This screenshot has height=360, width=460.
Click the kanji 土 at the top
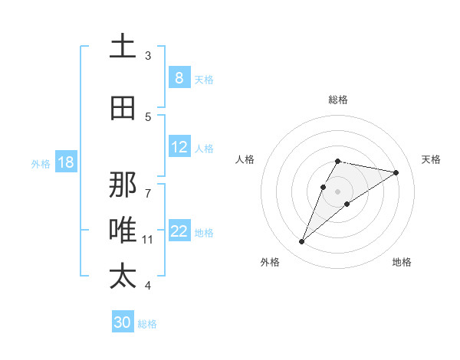pyautogui.click(x=123, y=47)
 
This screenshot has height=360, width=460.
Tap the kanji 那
pyautogui.click(x=123, y=184)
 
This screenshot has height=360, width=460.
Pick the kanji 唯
pyautogui.click(x=123, y=231)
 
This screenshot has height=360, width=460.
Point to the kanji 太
pyautogui.click(x=123, y=276)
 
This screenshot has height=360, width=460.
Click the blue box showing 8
pyautogui.click(x=179, y=78)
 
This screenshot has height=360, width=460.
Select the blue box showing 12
pyautogui.click(x=179, y=147)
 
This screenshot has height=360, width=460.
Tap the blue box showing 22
pyautogui.click(x=179, y=231)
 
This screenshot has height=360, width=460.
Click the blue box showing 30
pyautogui.click(x=123, y=322)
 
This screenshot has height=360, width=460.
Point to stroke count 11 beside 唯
pyautogui.click(x=148, y=240)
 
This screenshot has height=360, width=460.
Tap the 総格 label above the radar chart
pyautogui.click(x=338, y=100)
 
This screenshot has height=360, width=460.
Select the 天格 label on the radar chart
pyautogui.click(x=431, y=159)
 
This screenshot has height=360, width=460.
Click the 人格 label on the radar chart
pyautogui.click(x=245, y=159)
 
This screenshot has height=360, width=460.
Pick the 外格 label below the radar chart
pyautogui.click(x=269, y=262)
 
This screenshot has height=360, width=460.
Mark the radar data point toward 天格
pyautogui.click(x=396, y=172)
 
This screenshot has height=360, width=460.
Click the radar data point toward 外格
pyautogui.click(x=301, y=242)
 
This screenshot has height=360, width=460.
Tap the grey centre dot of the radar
pyautogui.click(x=337, y=191)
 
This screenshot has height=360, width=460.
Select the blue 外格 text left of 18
pyautogui.click(x=41, y=163)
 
